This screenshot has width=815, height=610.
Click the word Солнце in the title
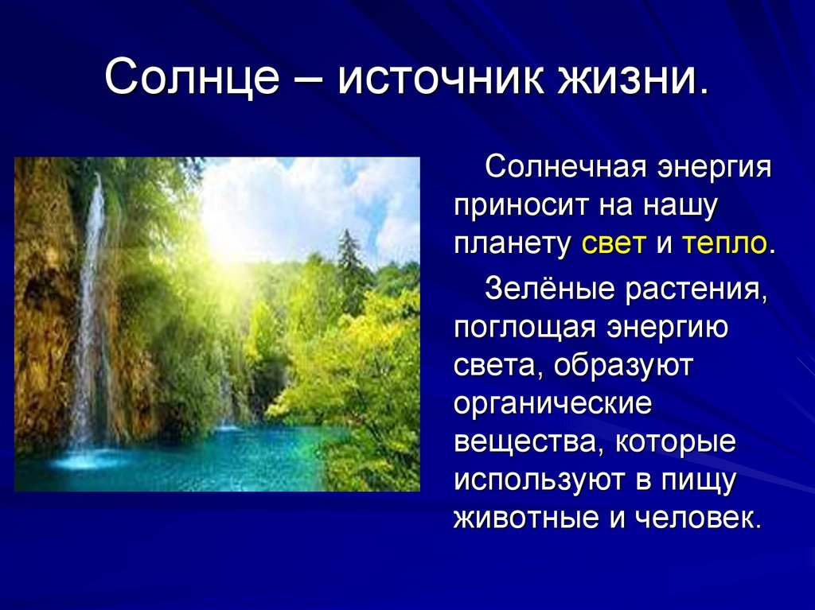193,77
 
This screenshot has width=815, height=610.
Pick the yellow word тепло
723,243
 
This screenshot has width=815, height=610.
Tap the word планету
512,245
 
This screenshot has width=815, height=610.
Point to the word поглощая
525,329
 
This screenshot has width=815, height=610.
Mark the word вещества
528,442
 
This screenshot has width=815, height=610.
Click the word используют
539,480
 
